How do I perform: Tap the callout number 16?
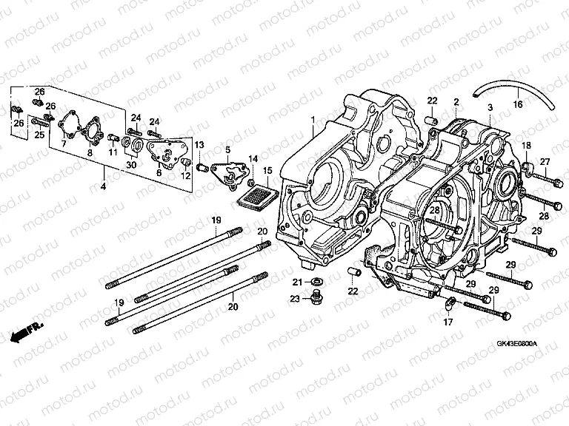518,104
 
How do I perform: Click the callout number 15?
266,171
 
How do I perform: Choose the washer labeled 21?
316,282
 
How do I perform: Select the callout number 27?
544,162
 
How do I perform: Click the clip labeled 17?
448,302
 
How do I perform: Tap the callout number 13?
199,144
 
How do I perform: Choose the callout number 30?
131,165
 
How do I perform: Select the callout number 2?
456,101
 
